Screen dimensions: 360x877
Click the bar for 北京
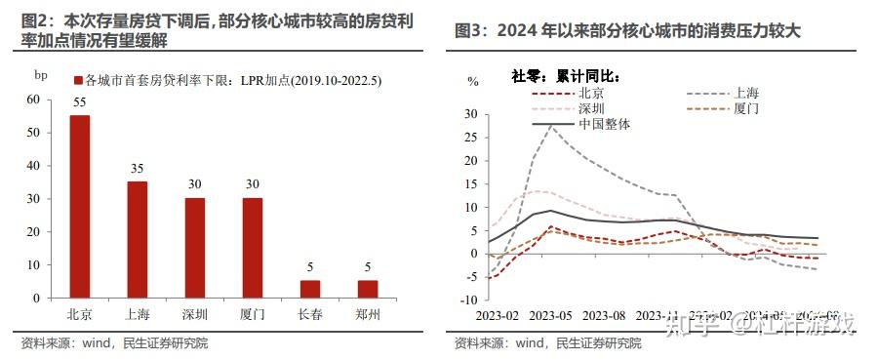(79, 206)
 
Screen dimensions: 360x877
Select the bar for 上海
(138, 239)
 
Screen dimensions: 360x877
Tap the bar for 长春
(309, 289)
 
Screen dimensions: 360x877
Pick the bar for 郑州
(367, 289)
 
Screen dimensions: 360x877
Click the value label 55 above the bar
(79, 102)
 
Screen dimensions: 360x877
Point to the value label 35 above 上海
(138, 169)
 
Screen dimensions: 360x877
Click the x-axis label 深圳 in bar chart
(195, 316)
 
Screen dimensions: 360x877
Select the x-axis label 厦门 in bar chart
(253, 316)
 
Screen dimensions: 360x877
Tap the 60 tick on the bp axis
(34, 100)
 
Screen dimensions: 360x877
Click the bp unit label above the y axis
(40, 75)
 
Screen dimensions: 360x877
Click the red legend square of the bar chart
(78, 79)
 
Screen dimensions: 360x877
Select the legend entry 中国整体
(605, 124)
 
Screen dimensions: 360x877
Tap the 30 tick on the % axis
(471, 114)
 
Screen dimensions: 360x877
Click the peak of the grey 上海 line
(552, 125)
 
